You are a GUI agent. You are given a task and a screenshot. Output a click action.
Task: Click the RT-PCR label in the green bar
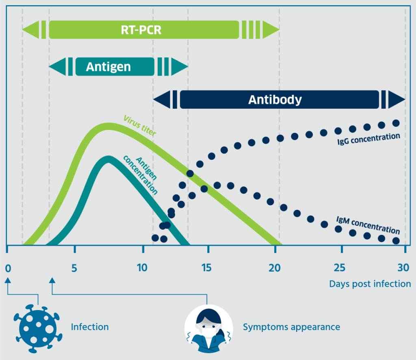141,30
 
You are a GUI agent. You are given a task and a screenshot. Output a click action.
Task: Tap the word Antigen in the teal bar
108,67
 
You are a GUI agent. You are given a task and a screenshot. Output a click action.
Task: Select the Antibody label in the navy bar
275,100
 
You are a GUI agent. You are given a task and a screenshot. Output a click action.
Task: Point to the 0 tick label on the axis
8,269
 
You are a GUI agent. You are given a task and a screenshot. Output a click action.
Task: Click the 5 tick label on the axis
74,268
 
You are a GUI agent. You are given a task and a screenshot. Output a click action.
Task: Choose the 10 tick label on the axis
142,268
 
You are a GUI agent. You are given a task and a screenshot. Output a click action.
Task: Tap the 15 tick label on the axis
206,268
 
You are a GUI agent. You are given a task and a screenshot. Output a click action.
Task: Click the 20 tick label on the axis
275,268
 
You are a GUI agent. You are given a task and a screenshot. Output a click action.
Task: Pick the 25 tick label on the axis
340,268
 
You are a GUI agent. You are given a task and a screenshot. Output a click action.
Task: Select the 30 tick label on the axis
403,268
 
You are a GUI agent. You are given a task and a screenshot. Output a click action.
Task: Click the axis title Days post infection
370,284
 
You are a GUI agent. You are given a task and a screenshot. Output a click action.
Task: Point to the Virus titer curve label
140,125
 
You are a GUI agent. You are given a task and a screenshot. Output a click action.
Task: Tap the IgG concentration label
368,139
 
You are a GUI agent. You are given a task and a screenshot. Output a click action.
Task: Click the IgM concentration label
368,225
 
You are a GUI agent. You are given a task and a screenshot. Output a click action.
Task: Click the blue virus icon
38,329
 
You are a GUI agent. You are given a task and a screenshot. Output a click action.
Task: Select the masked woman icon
209,329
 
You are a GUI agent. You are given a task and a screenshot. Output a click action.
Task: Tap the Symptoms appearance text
292,327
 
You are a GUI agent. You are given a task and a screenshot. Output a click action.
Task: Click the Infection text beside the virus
90,327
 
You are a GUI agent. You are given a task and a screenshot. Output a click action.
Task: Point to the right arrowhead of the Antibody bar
396,99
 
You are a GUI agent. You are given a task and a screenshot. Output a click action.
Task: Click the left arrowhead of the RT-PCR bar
30,30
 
